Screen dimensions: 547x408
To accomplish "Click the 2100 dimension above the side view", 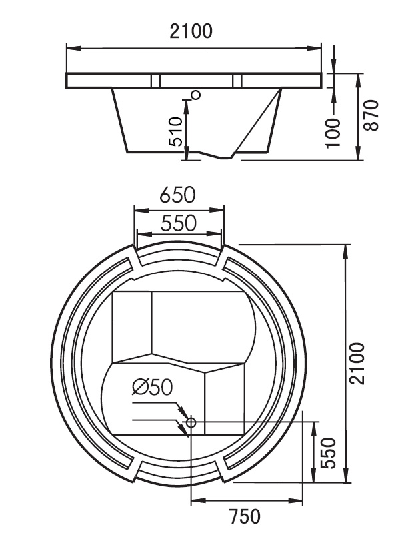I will [193, 31].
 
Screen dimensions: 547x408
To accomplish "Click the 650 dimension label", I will [177, 195].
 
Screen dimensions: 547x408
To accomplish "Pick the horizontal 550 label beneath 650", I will [177, 223].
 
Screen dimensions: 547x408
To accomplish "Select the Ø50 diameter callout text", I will [152, 386].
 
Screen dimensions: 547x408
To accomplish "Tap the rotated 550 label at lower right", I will [329, 453].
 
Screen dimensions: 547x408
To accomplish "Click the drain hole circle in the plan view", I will [191, 422].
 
